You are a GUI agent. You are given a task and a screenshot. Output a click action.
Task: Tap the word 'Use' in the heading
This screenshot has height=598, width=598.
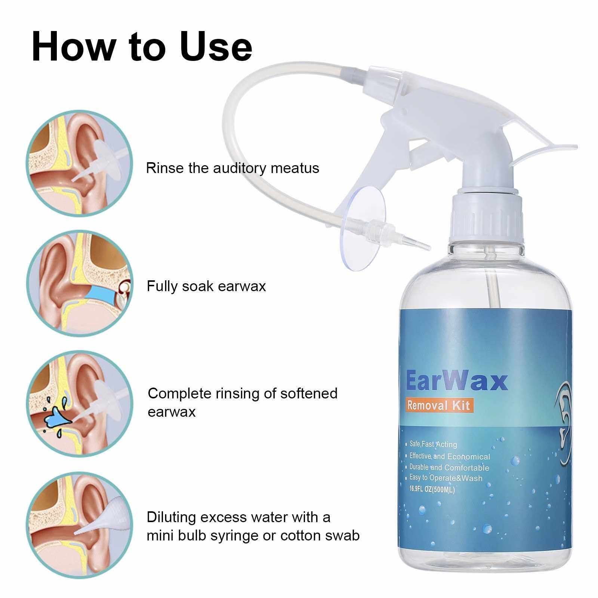click(216, 46)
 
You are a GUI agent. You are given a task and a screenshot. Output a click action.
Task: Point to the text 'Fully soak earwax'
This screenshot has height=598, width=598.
click(206, 287)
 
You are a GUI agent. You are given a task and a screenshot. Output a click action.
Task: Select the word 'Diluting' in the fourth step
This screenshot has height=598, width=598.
click(171, 518)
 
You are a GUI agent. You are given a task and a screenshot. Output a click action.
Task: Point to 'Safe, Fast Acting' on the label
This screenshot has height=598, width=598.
click(432, 444)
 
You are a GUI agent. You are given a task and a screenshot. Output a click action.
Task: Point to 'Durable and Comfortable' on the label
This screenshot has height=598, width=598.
click(449, 467)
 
